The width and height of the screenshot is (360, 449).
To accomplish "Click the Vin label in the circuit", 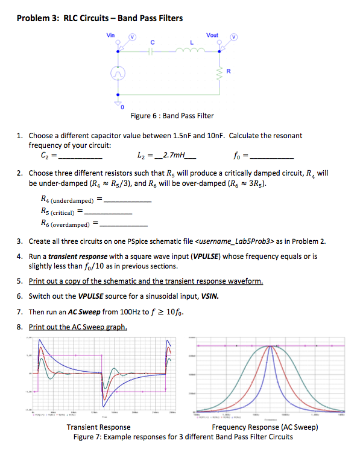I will click(x=110, y=35).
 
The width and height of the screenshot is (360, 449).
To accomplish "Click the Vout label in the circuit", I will click(x=212, y=35).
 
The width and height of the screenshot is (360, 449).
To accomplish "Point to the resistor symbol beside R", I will click(x=219, y=73).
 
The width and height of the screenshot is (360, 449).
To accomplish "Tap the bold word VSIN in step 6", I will click(x=209, y=296).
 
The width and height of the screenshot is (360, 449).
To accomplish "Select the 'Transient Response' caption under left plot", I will click(x=98, y=427).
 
